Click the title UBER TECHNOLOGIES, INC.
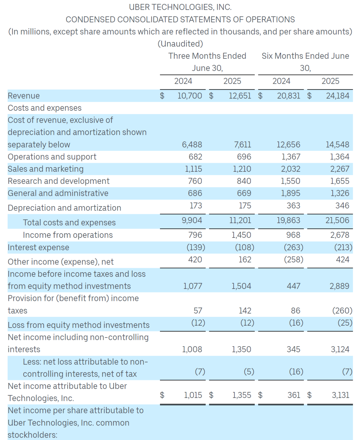[x=180, y=7]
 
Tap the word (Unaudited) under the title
[x=180, y=44]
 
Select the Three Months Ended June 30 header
[x=207, y=62]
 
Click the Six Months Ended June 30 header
[x=305, y=62]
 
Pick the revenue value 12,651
[x=240, y=96]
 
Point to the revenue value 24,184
[x=337, y=96]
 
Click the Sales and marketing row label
[x=46, y=169]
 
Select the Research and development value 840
[x=244, y=181]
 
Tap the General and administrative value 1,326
[x=340, y=193]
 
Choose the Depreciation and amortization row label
[x=64, y=208]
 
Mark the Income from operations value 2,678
[x=340, y=235]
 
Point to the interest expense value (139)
[x=196, y=247]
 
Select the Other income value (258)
[x=293, y=260]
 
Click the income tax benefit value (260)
[x=342, y=311]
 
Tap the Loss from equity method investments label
[x=79, y=325]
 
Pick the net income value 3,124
[x=340, y=349]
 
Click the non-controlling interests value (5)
[x=249, y=372]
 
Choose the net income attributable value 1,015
[x=193, y=395]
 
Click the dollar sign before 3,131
[x=309, y=395]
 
